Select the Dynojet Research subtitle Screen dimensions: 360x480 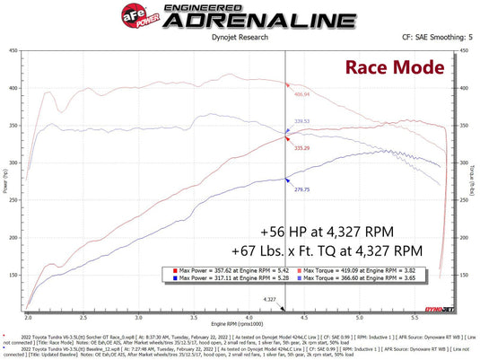click(x=238, y=40)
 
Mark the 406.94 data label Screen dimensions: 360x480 click(x=301, y=93)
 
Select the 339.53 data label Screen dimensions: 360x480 click(x=301, y=121)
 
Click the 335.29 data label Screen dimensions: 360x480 click(x=301, y=147)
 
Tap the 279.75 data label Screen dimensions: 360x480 click(x=301, y=189)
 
